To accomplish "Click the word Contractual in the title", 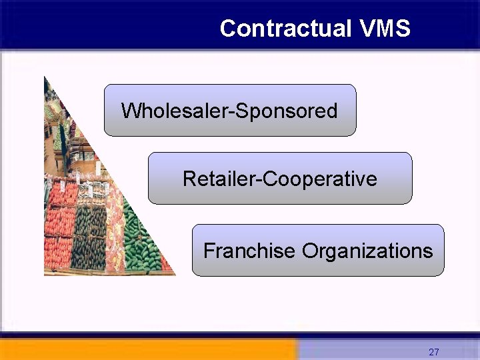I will [x=285, y=28].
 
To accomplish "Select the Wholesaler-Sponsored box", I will [x=230, y=110].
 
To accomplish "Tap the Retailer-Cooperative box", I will [x=280, y=178].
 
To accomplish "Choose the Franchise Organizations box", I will [x=318, y=251].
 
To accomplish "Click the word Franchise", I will [x=249, y=251].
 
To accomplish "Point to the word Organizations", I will [x=367, y=251].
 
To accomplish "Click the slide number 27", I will [x=434, y=352].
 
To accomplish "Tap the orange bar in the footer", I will [x=147, y=349].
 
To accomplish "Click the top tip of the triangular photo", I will [x=45, y=78].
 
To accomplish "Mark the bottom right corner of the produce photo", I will [x=174, y=273].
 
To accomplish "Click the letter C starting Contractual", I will [x=228, y=28].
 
